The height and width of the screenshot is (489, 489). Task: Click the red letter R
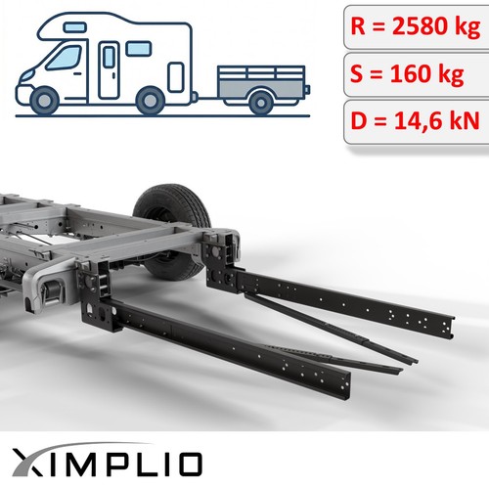pos(358,25)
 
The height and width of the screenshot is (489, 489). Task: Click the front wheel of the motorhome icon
pos(44,101)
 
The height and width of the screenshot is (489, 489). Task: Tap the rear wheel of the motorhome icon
pos(151,101)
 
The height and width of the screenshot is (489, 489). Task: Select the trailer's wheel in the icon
pos(260,103)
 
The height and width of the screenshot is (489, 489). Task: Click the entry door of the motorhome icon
pos(109,69)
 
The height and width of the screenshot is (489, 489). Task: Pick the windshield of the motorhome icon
pos(65,58)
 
